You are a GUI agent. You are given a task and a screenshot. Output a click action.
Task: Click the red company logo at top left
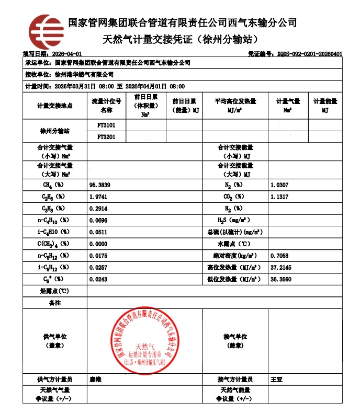point(46,30)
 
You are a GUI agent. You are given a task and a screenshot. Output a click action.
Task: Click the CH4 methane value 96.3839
point(100,185)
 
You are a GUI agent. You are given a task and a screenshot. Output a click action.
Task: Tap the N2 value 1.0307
point(279,185)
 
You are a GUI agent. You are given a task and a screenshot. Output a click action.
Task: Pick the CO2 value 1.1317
point(279,197)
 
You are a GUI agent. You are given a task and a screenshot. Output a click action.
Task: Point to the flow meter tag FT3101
point(106,125)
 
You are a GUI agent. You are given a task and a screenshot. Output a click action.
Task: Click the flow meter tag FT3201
point(106,137)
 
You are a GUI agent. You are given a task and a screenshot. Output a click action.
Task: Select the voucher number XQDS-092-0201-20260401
point(302,54)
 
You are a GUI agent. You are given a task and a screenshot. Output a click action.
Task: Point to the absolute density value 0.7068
point(279,256)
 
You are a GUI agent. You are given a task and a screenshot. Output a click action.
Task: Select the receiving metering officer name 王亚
point(276,379)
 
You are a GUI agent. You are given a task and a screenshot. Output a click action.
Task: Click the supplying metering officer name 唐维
point(95,379)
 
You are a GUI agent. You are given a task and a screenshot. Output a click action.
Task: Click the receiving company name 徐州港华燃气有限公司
point(84,75)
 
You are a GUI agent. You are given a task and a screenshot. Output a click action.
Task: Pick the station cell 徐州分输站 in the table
point(54,131)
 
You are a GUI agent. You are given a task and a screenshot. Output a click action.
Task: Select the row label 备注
point(54,303)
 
